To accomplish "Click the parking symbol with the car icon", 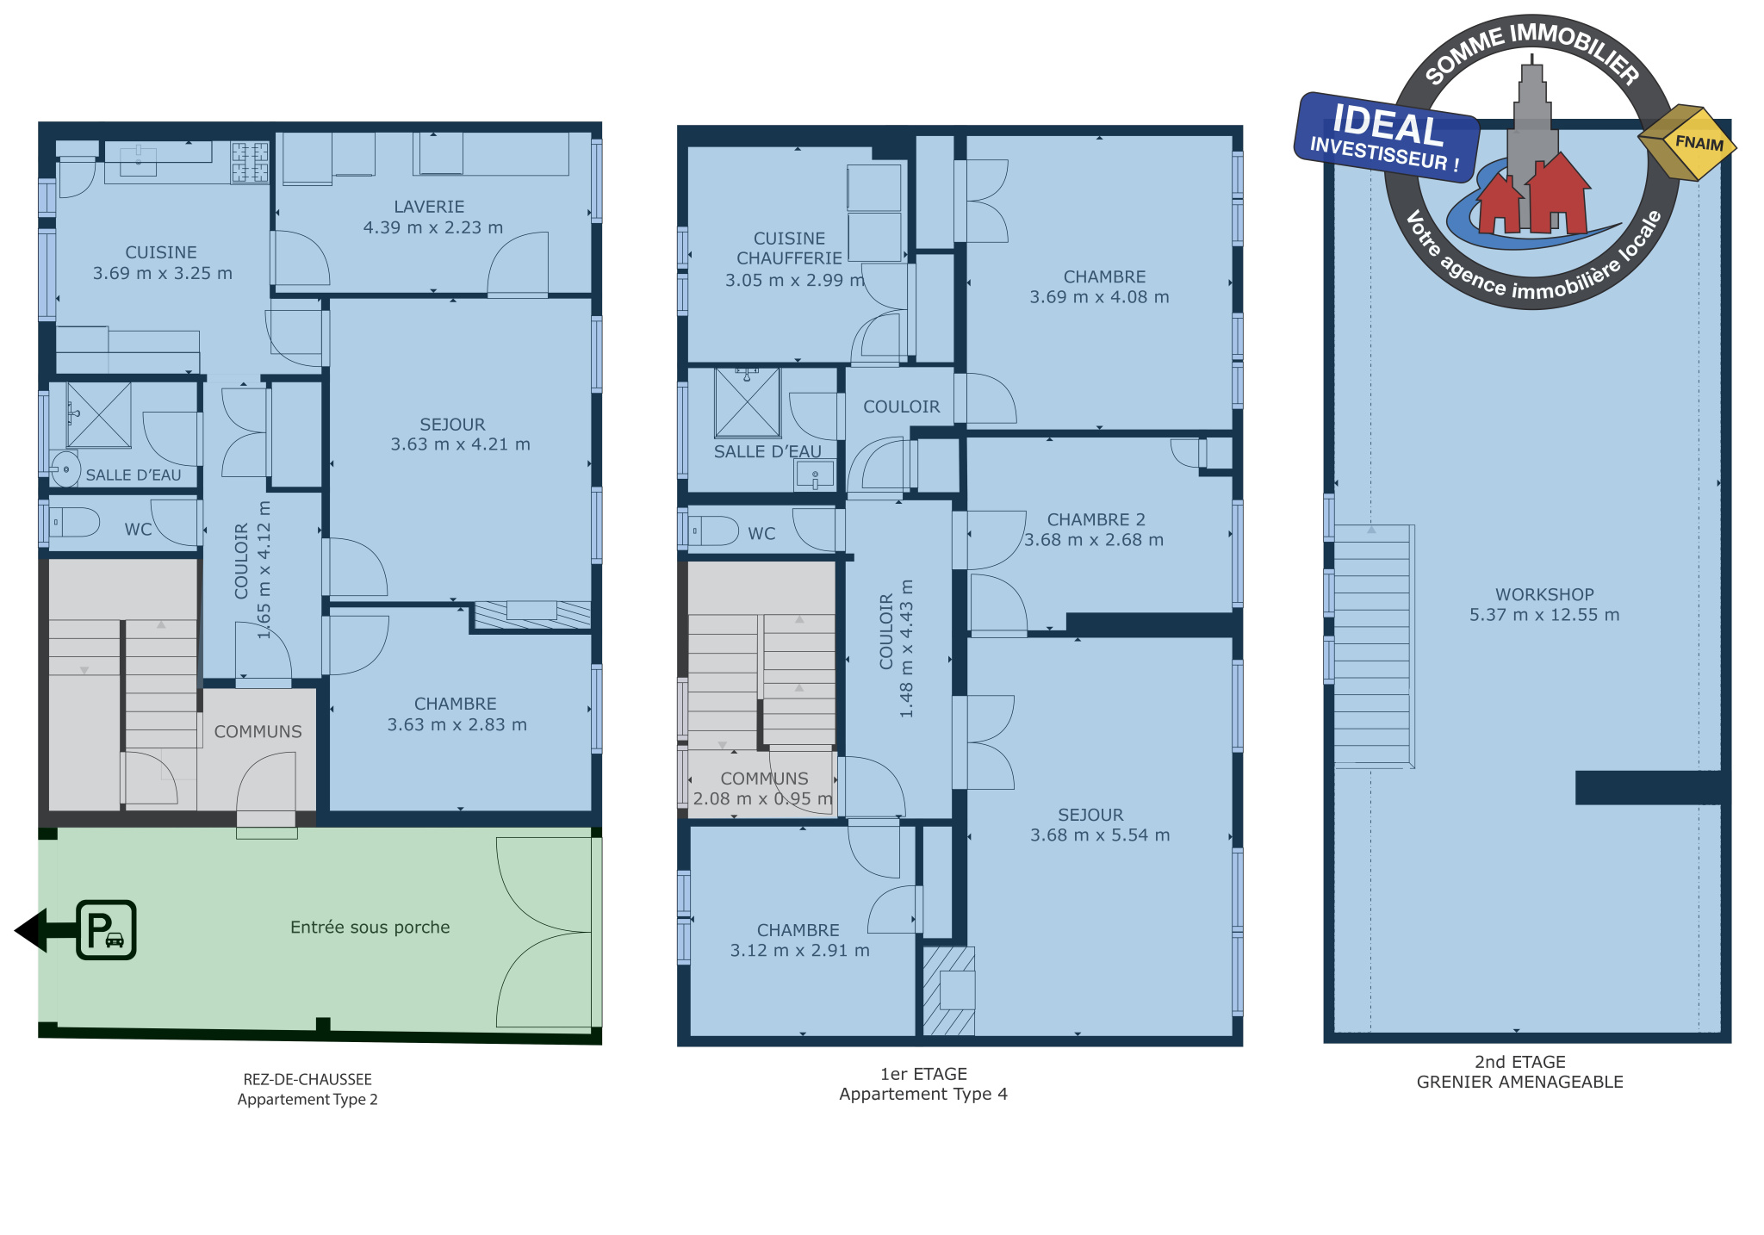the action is click(x=106, y=929).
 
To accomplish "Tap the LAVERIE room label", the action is click(x=429, y=207).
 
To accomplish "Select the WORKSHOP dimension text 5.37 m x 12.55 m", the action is click(x=1544, y=615).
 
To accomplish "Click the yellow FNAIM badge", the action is click(x=1687, y=142).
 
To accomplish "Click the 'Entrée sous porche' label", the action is click(x=370, y=928).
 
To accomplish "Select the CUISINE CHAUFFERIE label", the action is click(x=789, y=248).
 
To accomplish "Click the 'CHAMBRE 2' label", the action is click(x=1096, y=519).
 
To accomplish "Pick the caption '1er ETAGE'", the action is click(x=923, y=1074).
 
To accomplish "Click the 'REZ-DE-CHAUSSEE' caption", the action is click(x=307, y=1079).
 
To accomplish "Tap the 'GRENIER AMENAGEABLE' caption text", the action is click(x=1519, y=1082).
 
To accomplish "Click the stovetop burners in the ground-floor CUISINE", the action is click(x=250, y=162).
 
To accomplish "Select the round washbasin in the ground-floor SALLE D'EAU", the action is click(x=65, y=470).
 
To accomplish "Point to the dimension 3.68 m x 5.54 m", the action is click(x=1100, y=835).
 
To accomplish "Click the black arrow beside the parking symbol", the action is click(x=45, y=930).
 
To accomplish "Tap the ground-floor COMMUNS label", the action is click(x=258, y=731).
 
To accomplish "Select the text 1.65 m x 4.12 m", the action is click(x=264, y=569).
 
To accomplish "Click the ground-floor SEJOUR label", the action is click(x=452, y=425).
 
